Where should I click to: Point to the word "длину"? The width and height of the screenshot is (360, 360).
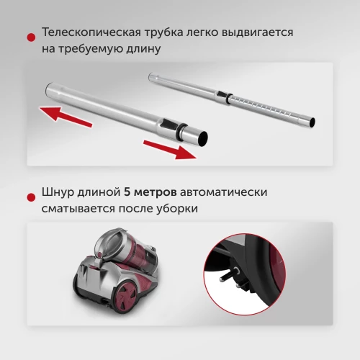click(142, 50)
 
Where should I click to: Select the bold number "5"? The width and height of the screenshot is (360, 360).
click(127, 194)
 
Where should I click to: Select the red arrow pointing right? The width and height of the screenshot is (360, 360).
click(170, 148)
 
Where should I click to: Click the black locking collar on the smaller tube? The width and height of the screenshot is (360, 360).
click(225, 95)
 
